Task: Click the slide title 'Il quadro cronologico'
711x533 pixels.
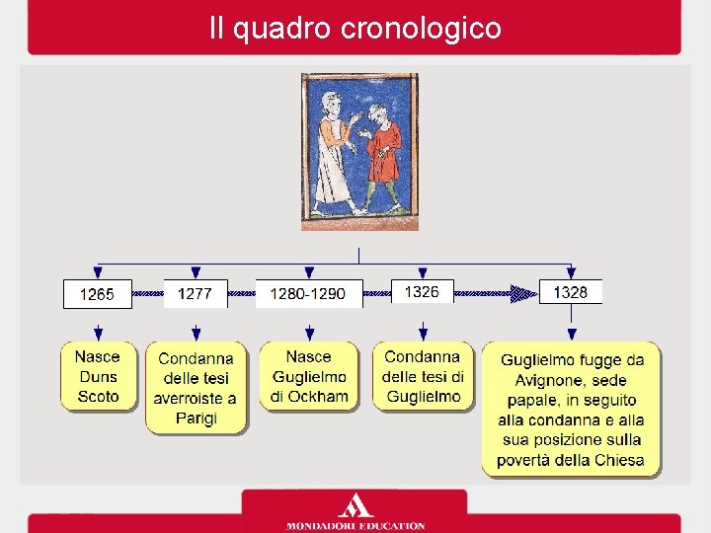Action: coord(355,28)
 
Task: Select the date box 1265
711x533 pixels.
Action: coord(97,294)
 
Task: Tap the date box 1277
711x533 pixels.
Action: coord(195,294)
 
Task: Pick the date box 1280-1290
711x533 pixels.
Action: coord(308,294)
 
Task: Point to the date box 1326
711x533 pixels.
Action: coord(422,292)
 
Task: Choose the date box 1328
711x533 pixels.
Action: coord(570,292)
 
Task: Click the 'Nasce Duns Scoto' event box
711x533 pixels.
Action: coord(98,377)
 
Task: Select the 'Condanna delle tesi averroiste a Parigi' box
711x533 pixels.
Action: coord(196,388)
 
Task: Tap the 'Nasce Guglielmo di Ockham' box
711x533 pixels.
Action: coord(309,377)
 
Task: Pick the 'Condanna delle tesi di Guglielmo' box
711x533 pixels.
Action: coord(423,377)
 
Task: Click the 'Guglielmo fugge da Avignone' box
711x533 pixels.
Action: coord(571,410)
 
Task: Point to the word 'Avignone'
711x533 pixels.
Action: coord(552,380)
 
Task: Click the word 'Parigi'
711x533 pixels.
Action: coord(196,419)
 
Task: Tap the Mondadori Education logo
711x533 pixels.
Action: coord(355,512)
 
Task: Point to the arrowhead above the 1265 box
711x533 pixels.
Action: coord(97,272)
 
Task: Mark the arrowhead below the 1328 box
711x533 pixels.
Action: coord(571,335)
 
